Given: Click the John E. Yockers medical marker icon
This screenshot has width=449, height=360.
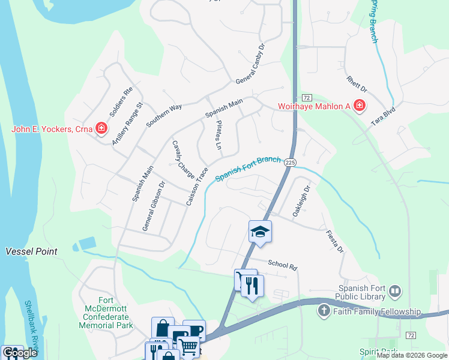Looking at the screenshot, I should [x=101, y=129].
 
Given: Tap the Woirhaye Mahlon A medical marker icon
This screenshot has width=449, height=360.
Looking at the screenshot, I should [x=359, y=107].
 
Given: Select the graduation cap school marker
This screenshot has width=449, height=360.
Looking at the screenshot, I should [x=260, y=231].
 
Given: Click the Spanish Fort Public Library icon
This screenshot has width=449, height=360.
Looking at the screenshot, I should [x=394, y=292].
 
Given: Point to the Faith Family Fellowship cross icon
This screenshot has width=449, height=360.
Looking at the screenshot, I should [x=324, y=311].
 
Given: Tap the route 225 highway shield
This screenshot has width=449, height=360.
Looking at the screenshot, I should [x=291, y=162].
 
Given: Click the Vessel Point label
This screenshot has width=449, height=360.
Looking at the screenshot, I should [x=32, y=251].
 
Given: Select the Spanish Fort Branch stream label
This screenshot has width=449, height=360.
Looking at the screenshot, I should [x=248, y=168].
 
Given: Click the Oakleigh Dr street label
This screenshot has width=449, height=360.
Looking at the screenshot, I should [x=301, y=201].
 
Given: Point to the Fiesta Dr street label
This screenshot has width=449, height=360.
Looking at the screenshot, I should [x=335, y=241].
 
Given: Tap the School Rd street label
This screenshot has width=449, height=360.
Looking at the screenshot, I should [x=283, y=265].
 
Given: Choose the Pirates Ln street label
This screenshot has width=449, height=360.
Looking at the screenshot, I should [x=219, y=136].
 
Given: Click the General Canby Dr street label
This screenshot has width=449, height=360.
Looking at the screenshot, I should [x=250, y=64].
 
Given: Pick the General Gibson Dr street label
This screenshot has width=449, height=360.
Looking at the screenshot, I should [x=153, y=206].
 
